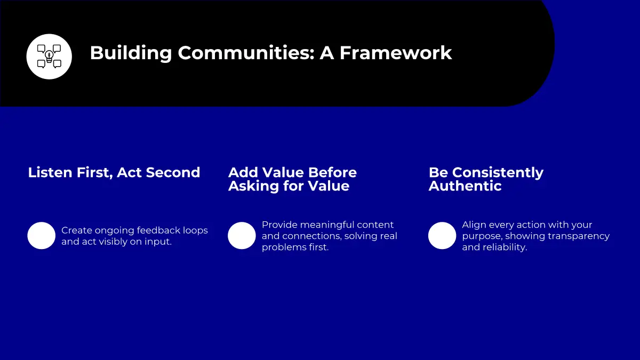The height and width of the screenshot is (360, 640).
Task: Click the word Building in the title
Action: pyautogui.click(x=131, y=53)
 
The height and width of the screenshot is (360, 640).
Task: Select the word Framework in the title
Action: pyautogui.click(x=396, y=53)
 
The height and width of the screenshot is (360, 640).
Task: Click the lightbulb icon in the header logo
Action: pyautogui.click(x=49, y=57)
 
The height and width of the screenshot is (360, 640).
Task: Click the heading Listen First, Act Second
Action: pyautogui.click(x=114, y=173)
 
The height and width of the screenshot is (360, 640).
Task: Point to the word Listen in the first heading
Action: pyautogui.click(x=50, y=173)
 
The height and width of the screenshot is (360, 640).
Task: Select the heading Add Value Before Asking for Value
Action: pyautogui.click(x=293, y=179)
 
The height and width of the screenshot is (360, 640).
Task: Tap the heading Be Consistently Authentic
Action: pyautogui.click(x=486, y=179)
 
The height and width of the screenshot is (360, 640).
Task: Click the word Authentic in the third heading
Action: pyautogui.click(x=465, y=186)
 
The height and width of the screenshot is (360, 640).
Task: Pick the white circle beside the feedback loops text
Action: pyautogui.click(x=42, y=236)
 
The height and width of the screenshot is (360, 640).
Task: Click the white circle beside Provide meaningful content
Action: pyautogui.click(x=242, y=236)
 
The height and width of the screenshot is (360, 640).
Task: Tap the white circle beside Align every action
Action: pyautogui.click(x=442, y=236)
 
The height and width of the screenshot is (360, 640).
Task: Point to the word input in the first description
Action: pyautogui.click(x=158, y=242)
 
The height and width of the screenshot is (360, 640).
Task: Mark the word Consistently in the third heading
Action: pyautogui.click(x=498, y=173)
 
